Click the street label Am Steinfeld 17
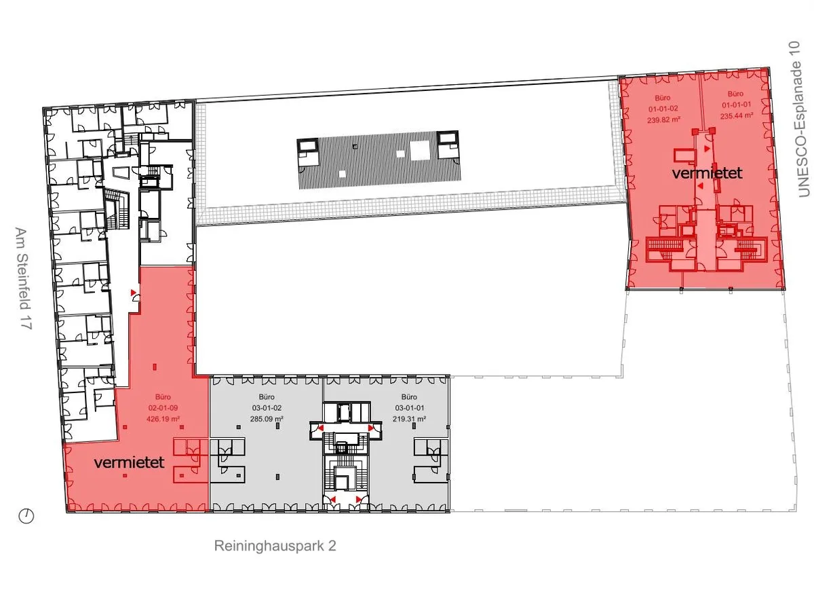(23, 278)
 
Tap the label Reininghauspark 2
(275, 546)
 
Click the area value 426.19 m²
(163, 419)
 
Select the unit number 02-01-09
(163, 408)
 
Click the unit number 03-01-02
(267, 408)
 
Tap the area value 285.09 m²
(267, 419)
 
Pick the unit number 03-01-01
(410, 408)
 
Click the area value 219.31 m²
(410, 419)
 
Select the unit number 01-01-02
(663, 109)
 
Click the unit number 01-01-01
(736, 105)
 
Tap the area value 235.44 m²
(737, 115)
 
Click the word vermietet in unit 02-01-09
(129, 462)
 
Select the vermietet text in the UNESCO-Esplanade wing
(708, 173)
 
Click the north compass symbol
(26, 516)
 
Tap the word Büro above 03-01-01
(409, 397)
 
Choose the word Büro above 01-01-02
(663, 98)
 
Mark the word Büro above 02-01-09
(163, 397)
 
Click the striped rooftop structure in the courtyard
(379, 160)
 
